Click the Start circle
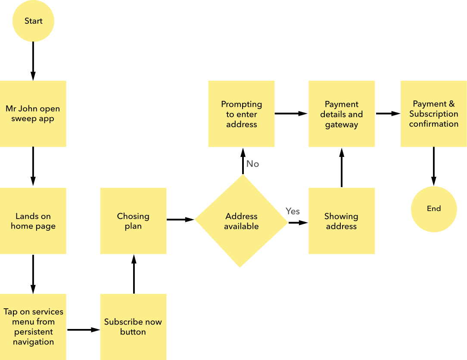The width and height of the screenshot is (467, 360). (x=33, y=21)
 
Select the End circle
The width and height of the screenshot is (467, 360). (x=434, y=209)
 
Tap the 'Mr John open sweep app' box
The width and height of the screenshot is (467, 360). (x=33, y=114)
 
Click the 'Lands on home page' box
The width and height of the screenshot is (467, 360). (x=33, y=221)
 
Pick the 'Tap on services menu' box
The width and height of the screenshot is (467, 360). (x=33, y=326)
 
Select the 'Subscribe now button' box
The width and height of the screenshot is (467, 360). (x=133, y=326)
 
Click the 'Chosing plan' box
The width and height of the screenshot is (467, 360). (x=133, y=221)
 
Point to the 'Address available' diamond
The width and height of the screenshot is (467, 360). (x=241, y=221)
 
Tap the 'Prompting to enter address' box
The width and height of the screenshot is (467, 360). (x=241, y=114)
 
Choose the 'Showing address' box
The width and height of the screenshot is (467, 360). (x=341, y=221)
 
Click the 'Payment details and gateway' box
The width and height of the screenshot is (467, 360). (x=341, y=114)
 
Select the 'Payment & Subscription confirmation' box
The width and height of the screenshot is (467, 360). (x=434, y=114)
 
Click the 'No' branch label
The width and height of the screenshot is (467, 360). (x=252, y=164)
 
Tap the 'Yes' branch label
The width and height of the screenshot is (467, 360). (x=293, y=211)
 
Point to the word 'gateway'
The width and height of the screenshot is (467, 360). (x=341, y=125)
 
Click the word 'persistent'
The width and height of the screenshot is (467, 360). (x=33, y=332)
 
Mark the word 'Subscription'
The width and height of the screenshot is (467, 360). (x=434, y=114)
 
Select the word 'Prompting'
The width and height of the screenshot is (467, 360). (x=241, y=104)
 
